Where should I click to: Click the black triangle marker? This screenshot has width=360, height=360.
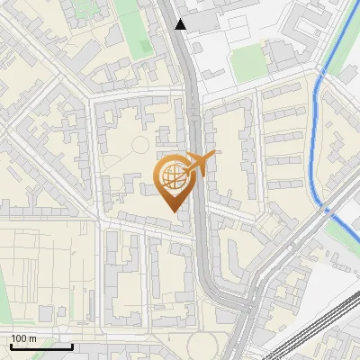tap(181, 24)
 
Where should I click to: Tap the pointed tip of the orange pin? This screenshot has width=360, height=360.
tap(172, 210)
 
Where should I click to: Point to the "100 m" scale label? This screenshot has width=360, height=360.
tap(24, 338)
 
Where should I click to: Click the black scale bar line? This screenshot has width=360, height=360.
tap(40, 346)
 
